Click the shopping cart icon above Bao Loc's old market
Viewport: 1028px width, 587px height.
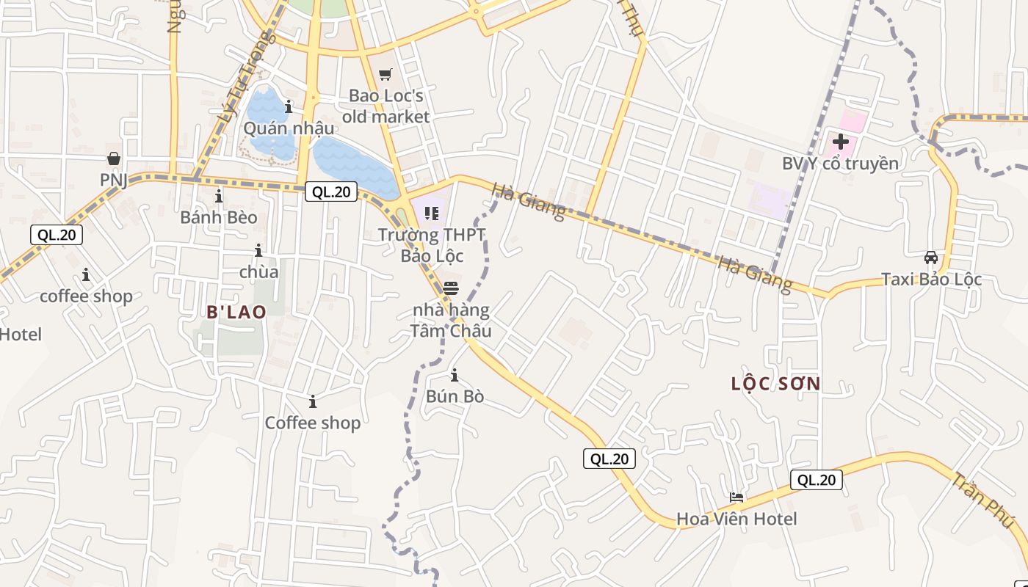[x=385, y=74]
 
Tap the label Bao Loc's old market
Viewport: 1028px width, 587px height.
[x=385, y=106]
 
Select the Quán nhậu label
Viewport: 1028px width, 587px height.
[x=289, y=128]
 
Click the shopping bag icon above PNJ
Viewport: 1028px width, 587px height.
[x=114, y=158]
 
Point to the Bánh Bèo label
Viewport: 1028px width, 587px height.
[x=219, y=217]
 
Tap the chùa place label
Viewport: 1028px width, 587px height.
[x=259, y=272]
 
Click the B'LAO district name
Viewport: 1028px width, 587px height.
[x=236, y=313]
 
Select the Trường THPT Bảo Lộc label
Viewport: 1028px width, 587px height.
[x=432, y=245]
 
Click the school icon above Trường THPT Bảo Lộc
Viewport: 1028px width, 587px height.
[x=432, y=214]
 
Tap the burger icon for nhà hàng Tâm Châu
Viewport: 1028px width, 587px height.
[x=451, y=288]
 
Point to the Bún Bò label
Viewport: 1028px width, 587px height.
[x=455, y=396]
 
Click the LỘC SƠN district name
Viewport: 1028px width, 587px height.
[x=776, y=384]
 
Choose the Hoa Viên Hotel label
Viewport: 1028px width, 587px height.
[x=736, y=519]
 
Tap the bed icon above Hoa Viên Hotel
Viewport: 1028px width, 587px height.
[x=736, y=497]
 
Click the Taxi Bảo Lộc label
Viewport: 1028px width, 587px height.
[x=931, y=280]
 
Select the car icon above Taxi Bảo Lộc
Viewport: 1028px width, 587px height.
[x=931, y=258]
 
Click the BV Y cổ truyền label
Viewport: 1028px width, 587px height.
[x=840, y=164]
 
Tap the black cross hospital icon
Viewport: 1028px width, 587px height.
[x=841, y=142]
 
